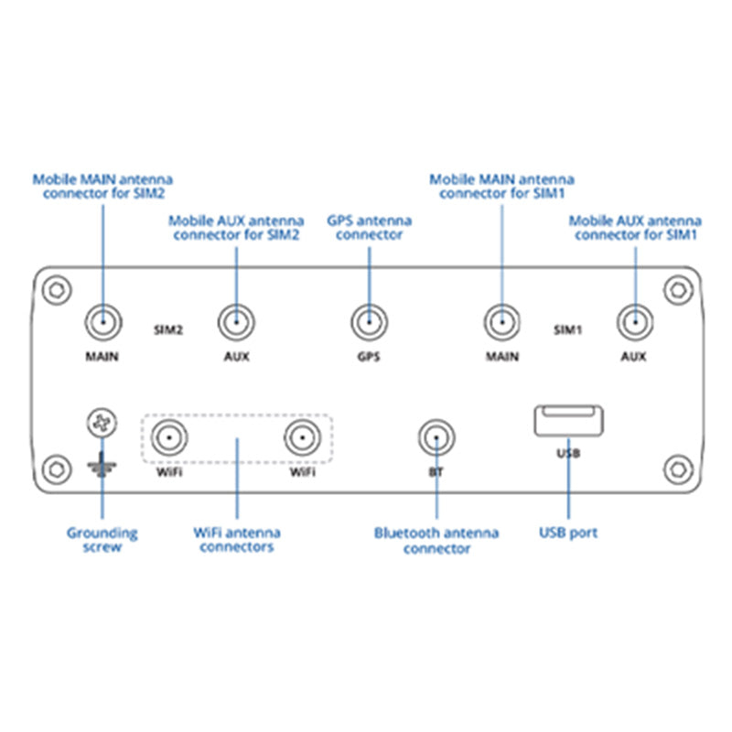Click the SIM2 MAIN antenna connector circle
click(x=103, y=322)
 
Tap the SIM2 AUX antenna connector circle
click(x=236, y=322)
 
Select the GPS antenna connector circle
click(x=369, y=322)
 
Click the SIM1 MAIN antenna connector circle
click(x=501, y=322)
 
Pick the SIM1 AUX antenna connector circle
click(x=633, y=322)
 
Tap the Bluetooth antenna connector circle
click(x=436, y=437)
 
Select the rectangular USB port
click(x=567, y=421)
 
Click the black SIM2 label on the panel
click(x=169, y=328)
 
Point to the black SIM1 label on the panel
click(x=568, y=328)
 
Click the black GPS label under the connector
click(x=369, y=356)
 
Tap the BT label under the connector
click(x=436, y=473)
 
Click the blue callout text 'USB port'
click(x=568, y=533)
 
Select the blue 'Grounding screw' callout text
click(x=102, y=539)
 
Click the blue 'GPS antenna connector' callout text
click(x=369, y=227)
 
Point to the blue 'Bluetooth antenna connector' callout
click(x=436, y=540)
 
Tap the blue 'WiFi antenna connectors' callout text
click(x=236, y=539)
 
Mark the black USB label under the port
click(x=567, y=453)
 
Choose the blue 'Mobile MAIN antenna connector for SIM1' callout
click(x=501, y=187)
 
